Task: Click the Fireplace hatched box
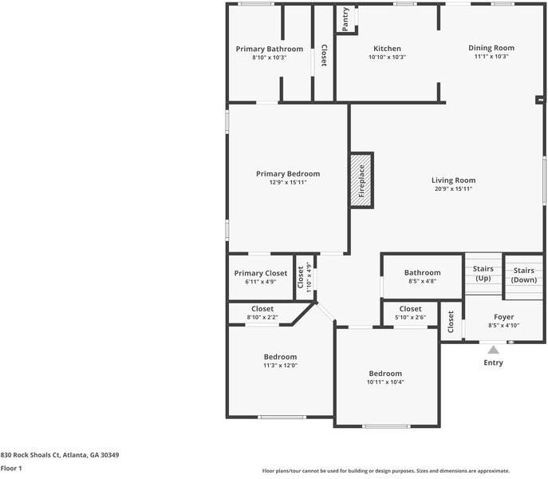coord(362,180)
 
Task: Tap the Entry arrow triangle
coord(493,350)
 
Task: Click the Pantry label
coord(345,19)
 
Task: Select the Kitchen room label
coord(387,49)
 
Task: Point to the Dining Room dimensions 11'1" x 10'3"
coord(491,57)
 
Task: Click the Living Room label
coord(453,180)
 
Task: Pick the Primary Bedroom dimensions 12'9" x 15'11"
coord(288,182)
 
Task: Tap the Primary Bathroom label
coord(270,49)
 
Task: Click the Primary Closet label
coord(261,273)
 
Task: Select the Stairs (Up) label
coord(483,273)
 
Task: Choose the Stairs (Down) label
coord(524,275)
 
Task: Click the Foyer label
coord(503,317)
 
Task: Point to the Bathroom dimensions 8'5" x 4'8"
coord(423,281)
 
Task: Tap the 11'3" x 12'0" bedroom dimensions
coord(280,366)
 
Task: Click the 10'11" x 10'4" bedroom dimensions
coord(385,382)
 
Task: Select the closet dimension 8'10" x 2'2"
coord(262,318)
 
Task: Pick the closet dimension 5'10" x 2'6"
coord(410,318)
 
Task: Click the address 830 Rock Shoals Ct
coord(30,455)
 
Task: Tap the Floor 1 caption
coord(11,468)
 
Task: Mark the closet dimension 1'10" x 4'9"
coord(309,277)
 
